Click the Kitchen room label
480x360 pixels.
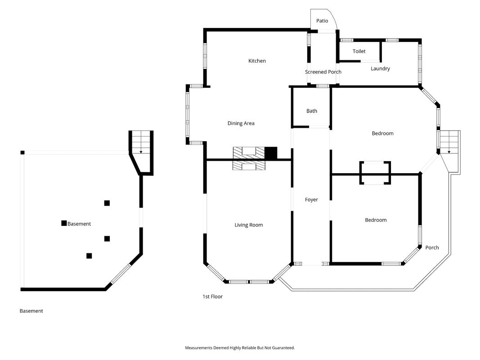point(257,61)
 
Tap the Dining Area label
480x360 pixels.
point(241,123)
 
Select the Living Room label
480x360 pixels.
point(249,225)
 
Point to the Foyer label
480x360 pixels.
point(311,200)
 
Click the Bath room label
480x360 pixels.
point(312,111)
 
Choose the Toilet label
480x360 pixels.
point(359,51)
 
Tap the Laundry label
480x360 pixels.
point(380,68)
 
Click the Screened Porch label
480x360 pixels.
point(323,72)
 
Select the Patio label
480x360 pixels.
point(322,21)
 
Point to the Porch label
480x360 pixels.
point(432,247)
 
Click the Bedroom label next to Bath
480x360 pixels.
point(383,134)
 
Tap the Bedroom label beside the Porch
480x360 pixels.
point(376,220)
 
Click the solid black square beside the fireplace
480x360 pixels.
point(271,153)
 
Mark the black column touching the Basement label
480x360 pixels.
point(64,223)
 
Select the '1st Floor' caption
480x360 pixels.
point(212,297)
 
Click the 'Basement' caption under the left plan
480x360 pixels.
point(31,311)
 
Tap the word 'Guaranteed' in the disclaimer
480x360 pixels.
point(284,348)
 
